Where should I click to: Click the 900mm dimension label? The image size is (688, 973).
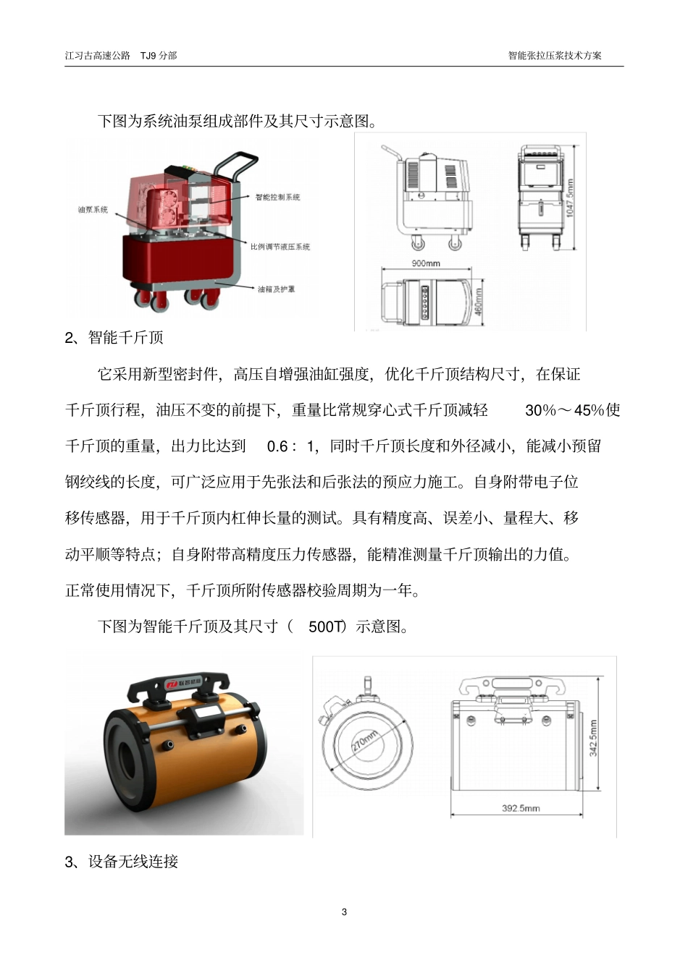(x=426, y=263)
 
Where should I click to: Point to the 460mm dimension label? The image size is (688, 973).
(x=478, y=302)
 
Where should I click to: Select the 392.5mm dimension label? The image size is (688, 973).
(x=521, y=808)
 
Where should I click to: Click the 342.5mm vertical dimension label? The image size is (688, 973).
(x=593, y=738)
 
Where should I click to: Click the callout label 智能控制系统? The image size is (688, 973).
(x=277, y=197)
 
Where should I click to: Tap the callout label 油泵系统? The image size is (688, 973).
(x=93, y=210)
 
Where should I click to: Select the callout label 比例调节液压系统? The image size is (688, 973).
(x=280, y=247)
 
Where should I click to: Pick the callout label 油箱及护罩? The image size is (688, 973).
(x=277, y=289)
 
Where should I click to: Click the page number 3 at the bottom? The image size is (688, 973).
(x=344, y=912)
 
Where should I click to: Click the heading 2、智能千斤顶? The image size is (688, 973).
(x=114, y=338)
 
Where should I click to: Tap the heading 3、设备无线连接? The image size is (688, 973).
(x=121, y=862)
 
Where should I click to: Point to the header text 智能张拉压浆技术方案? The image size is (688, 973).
(x=555, y=55)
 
